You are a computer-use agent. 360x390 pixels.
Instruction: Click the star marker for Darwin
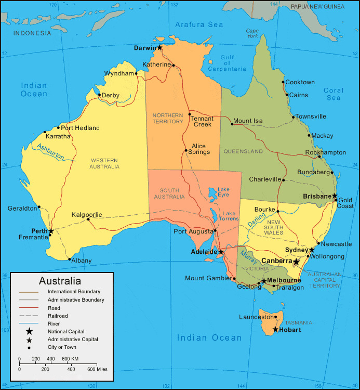[x=160, y=48]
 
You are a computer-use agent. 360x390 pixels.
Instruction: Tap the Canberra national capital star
[x=296, y=262]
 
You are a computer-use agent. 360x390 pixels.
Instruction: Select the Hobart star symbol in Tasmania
[x=275, y=330]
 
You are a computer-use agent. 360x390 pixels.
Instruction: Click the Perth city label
[x=39, y=230]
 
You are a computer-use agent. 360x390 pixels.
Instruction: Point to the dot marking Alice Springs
[x=186, y=151]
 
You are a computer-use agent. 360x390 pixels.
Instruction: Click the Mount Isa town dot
[x=232, y=124]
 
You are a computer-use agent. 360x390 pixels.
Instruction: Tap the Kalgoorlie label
[x=87, y=214]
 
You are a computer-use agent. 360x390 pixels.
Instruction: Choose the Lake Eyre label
[x=223, y=192]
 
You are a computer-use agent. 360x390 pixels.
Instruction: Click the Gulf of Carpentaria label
[x=227, y=63]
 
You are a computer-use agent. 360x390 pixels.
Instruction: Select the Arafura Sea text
[x=199, y=24]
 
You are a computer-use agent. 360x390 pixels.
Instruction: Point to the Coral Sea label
[x=334, y=94]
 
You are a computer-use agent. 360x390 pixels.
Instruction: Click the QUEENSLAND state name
[x=243, y=151]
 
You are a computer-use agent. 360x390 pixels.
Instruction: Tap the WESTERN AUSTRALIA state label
[x=105, y=163]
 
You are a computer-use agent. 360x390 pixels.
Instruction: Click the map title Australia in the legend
[x=60, y=281]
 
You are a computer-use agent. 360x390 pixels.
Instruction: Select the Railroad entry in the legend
[x=58, y=316]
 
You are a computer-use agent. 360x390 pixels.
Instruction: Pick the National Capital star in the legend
[x=29, y=331]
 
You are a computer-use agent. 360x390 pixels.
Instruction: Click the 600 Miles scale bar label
[x=97, y=369]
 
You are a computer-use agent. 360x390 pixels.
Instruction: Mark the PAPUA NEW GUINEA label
[x=317, y=7]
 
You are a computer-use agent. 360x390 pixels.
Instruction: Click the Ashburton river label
[x=50, y=151]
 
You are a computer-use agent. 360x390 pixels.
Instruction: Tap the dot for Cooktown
[x=283, y=82]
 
